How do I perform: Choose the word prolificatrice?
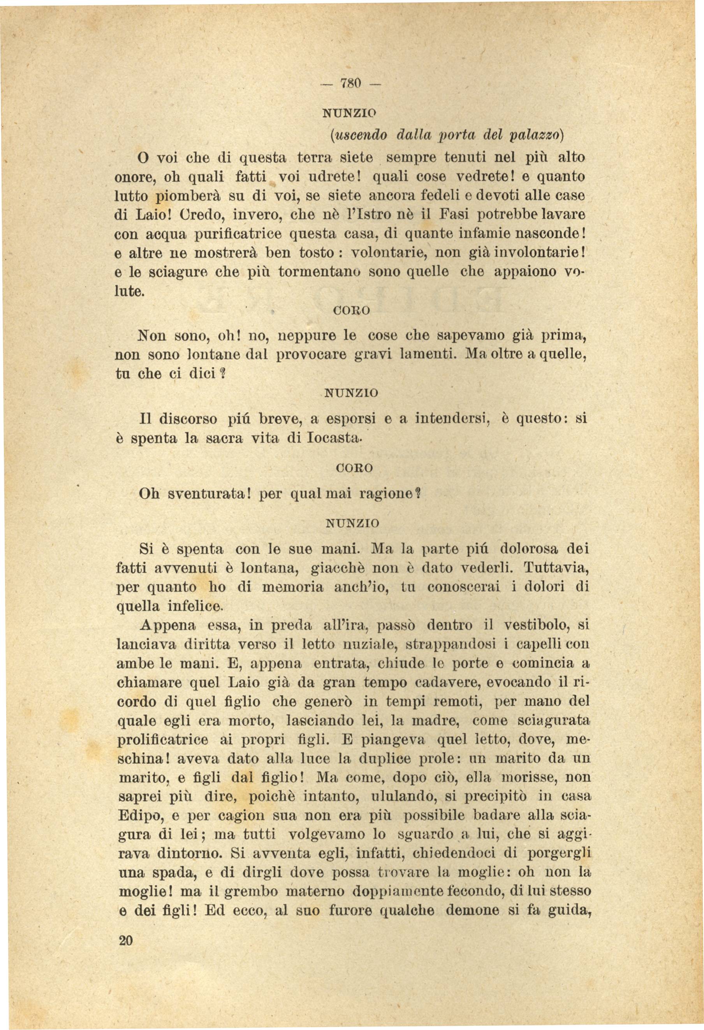tap(162, 740)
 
